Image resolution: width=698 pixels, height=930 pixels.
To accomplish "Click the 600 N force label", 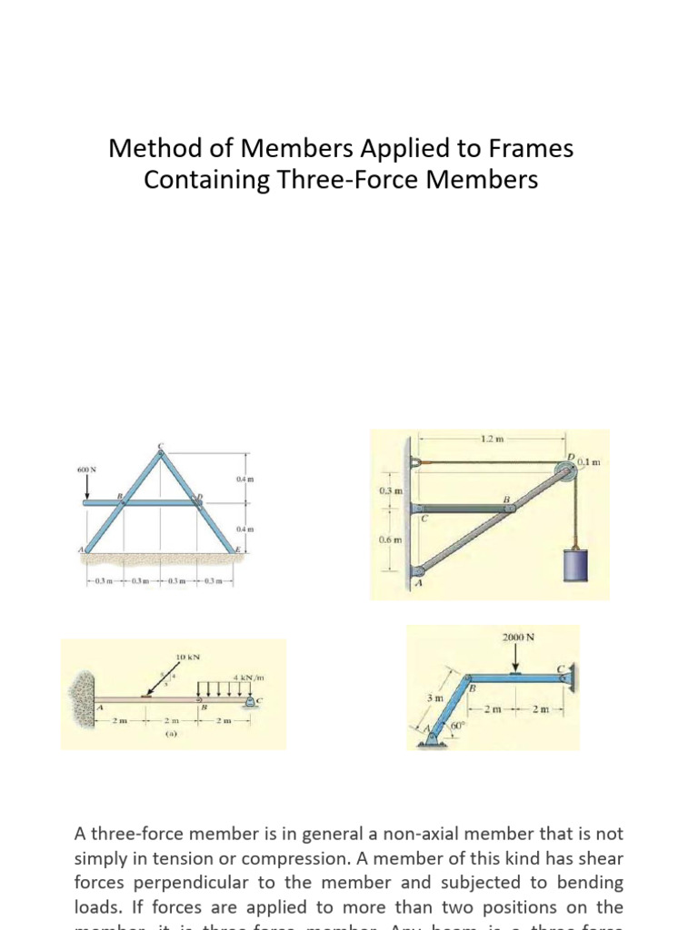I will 86,470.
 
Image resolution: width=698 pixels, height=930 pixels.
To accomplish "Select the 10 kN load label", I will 187,656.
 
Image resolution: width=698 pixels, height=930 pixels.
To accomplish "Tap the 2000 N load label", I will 517,637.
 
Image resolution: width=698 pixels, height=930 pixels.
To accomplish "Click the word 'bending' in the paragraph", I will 588,882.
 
